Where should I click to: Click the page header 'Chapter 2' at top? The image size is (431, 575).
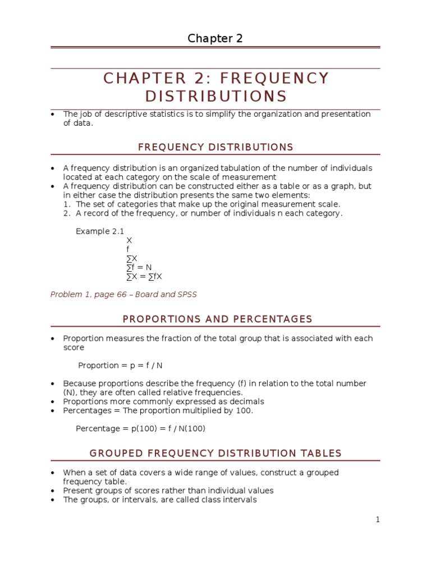point(215,38)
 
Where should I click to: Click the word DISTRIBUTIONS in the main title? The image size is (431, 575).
point(215,96)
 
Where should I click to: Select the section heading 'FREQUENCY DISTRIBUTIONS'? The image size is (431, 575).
point(215,147)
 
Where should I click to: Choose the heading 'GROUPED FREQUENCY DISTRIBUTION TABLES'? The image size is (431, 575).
point(215,453)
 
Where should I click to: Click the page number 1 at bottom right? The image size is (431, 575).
point(378,519)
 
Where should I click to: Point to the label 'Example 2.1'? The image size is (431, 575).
point(100,231)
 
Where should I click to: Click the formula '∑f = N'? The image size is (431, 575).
point(139,267)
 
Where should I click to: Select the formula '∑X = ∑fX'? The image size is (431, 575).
point(144,276)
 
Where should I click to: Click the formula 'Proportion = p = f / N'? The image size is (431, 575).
point(120,366)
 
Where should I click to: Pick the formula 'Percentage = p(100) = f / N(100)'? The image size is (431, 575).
point(141,428)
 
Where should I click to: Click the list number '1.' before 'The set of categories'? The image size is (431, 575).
point(66,204)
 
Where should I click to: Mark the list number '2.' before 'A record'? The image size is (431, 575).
point(66,213)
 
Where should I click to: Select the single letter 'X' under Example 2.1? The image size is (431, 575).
point(129,240)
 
